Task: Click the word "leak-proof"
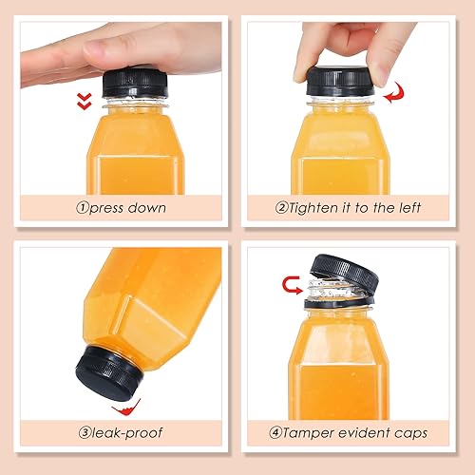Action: pyautogui.click(x=127, y=432)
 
